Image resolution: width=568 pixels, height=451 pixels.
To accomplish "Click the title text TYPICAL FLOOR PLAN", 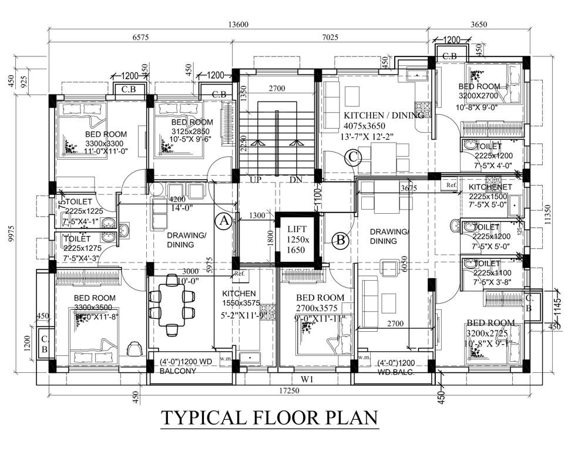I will [x=269, y=418].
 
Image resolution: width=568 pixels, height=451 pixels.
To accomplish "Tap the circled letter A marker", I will [x=223, y=221].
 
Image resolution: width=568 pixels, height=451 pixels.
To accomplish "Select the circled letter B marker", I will [x=340, y=239].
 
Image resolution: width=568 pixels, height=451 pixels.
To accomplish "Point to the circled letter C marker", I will [x=352, y=157].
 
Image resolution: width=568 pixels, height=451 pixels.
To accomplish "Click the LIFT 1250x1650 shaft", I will [x=297, y=240].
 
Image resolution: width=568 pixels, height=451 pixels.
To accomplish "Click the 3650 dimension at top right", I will [x=480, y=24].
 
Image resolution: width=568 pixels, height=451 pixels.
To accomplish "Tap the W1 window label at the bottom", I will [x=308, y=379].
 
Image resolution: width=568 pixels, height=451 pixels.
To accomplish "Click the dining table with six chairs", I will [x=172, y=311].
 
